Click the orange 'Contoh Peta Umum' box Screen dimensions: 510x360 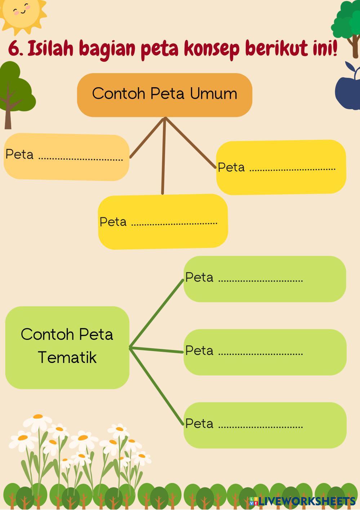[164, 95]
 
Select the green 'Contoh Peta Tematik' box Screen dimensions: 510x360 [67, 347]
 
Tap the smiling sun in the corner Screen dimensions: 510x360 [22, 13]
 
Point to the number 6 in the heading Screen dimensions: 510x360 [14, 49]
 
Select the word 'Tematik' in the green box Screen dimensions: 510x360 [67, 358]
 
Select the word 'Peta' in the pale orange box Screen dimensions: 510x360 [19, 154]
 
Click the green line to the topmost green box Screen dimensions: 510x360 [157, 313]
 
